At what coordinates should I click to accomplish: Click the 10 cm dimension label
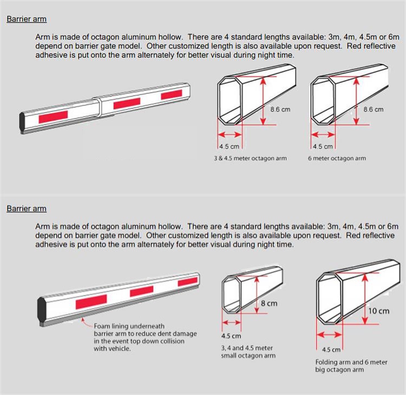tap(379, 311)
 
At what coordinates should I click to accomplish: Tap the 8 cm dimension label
tap(269, 303)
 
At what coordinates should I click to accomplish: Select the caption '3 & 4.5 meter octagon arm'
tap(250, 158)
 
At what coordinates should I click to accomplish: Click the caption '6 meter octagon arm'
tap(337, 158)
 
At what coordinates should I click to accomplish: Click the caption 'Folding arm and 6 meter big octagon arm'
tap(351, 366)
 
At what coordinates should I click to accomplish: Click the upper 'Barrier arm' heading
tap(27, 19)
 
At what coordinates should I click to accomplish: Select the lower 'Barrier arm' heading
tap(27, 209)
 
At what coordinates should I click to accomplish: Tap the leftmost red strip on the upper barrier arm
tap(54, 115)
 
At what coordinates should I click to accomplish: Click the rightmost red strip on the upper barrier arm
tap(172, 95)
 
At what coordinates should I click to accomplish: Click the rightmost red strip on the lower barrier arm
tap(187, 282)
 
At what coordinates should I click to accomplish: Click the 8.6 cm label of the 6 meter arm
tap(374, 109)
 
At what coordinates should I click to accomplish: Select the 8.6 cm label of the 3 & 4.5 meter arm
tap(280, 109)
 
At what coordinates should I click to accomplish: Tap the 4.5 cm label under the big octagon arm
tap(331, 350)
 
